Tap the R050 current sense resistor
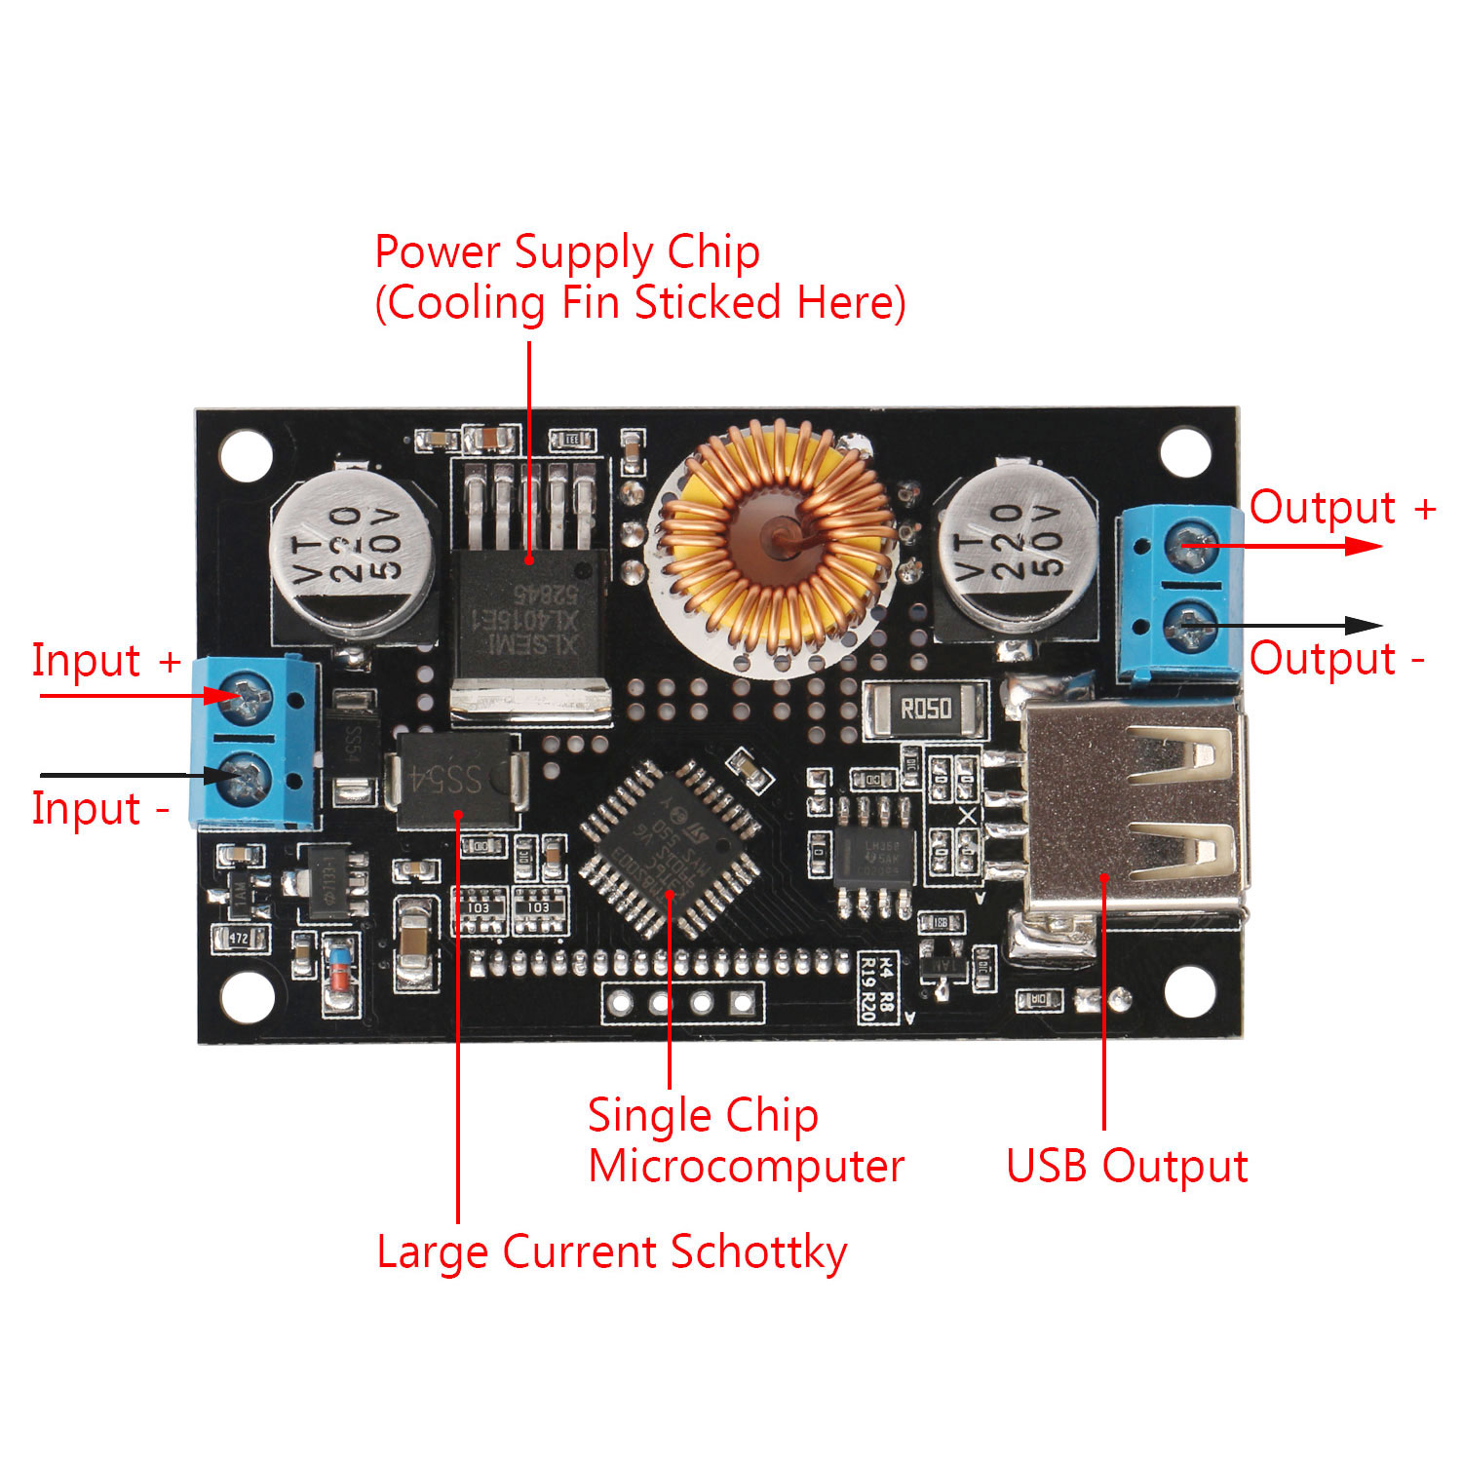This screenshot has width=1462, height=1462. pyautogui.click(x=924, y=709)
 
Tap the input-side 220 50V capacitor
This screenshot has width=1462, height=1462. pyautogui.click(x=352, y=551)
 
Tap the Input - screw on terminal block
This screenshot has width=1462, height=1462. pyautogui.click(x=246, y=777)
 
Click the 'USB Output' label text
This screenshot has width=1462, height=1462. pyautogui.click(x=1127, y=1166)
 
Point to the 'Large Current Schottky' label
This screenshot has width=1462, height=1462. pyautogui.click(x=611, y=1252)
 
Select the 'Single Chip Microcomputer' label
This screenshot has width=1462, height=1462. pyautogui.click(x=746, y=1140)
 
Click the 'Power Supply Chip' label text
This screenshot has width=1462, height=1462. pyautogui.click(x=567, y=252)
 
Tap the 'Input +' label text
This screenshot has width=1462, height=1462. pyautogui.click(x=105, y=660)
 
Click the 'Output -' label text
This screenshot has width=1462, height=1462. pyautogui.click(x=1336, y=659)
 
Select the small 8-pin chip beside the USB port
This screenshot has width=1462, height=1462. pyautogui.click(x=875, y=857)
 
